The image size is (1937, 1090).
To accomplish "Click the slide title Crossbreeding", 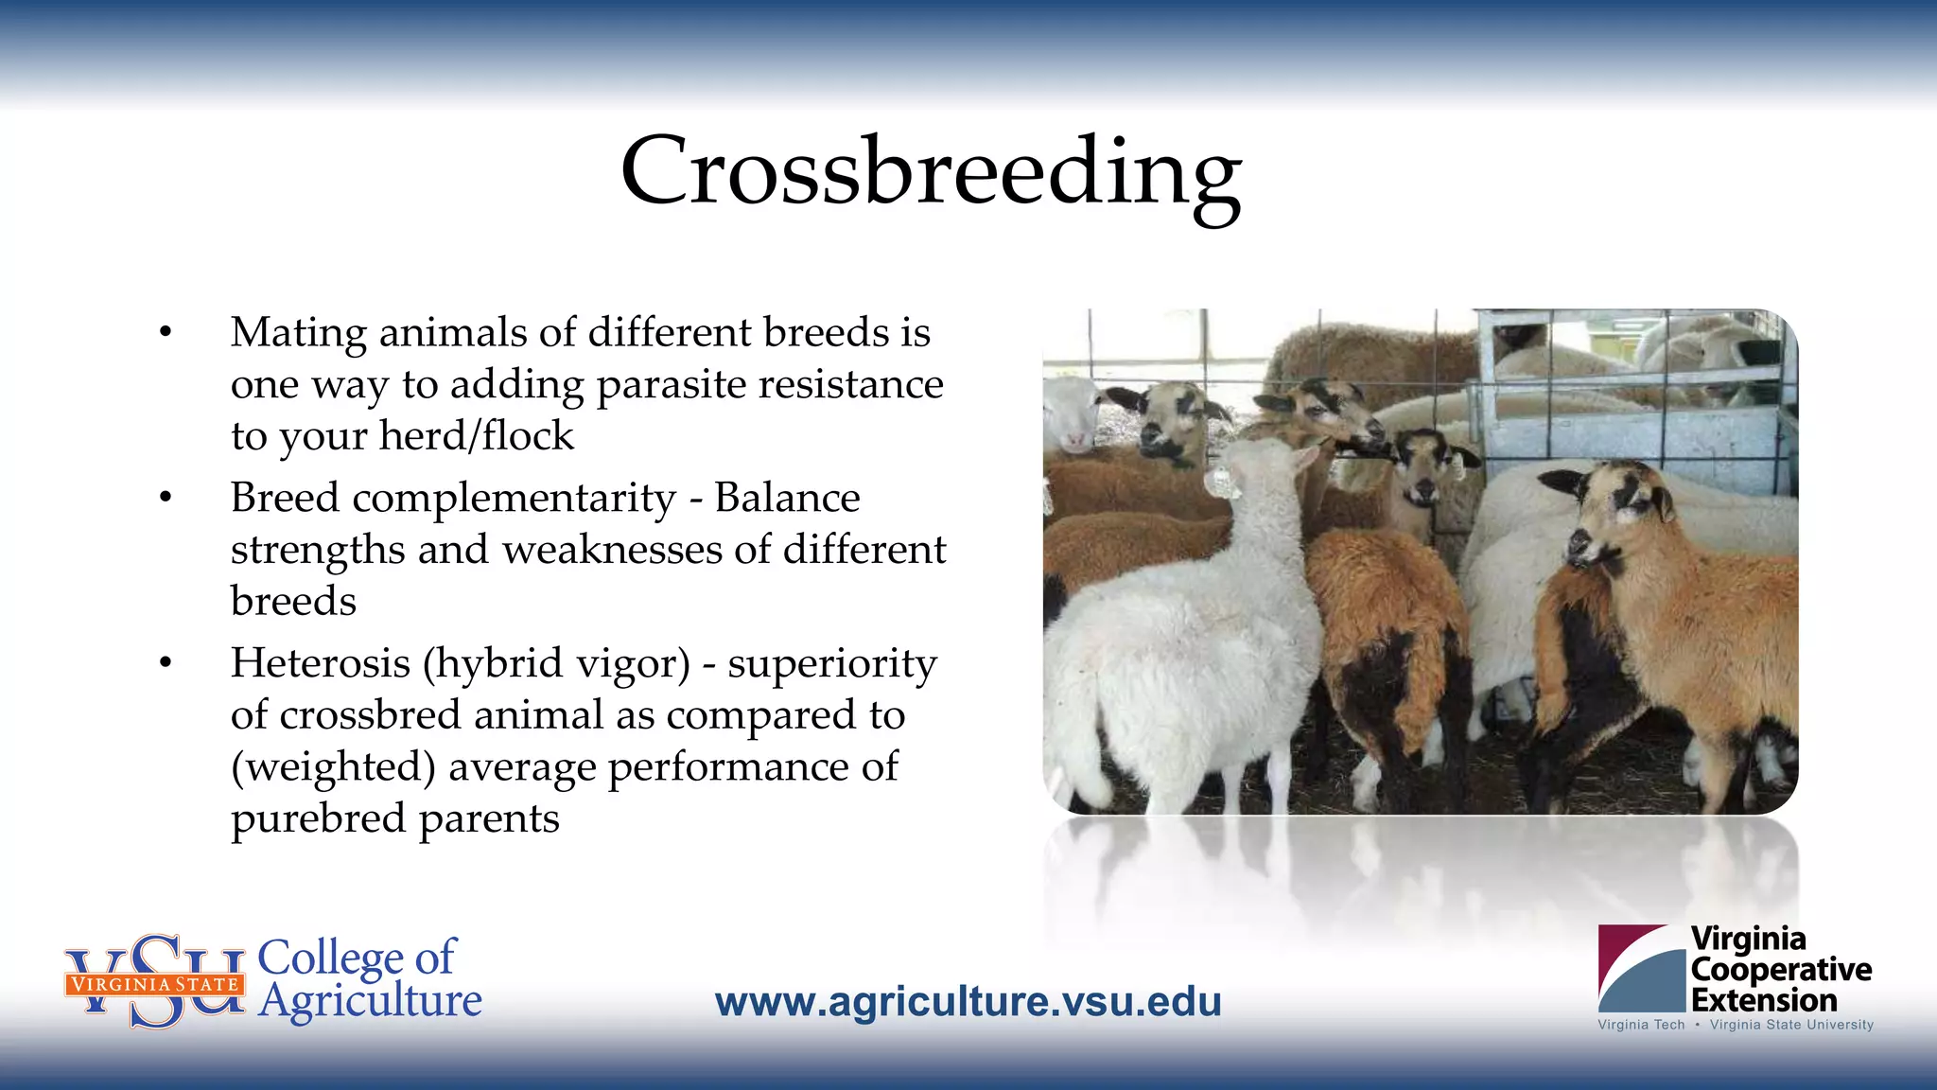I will pyautogui.click(x=931, y=172).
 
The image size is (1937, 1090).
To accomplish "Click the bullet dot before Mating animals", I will pyautogui.click(x=166, y=332).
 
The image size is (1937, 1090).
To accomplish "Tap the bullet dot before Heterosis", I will pyautogui.click(x=166, y=663).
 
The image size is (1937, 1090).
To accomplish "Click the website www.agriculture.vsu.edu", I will pyautogui.click(x=968, y=1002).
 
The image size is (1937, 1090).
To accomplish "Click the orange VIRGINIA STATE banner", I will pyautogui.click(x=154, y=984).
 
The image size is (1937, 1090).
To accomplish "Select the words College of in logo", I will pyautogui.click(x=357, y=958).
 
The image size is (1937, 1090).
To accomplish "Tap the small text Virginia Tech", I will pyautogui.click(x=1641, y=1025).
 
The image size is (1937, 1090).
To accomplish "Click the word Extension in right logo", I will pyautogui.click(x=1763, y=1000).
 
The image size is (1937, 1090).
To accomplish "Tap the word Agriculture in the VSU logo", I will pyautogui.click(x=370, y=1001).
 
